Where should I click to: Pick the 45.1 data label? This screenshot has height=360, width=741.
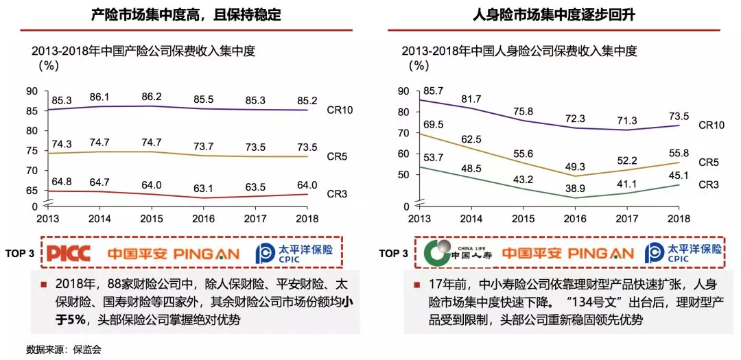[679, 174]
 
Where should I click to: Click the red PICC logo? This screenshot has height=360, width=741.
[69, 254]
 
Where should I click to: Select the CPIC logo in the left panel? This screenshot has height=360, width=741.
[294, 254]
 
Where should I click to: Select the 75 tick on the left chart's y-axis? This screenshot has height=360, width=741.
[32, 151]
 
